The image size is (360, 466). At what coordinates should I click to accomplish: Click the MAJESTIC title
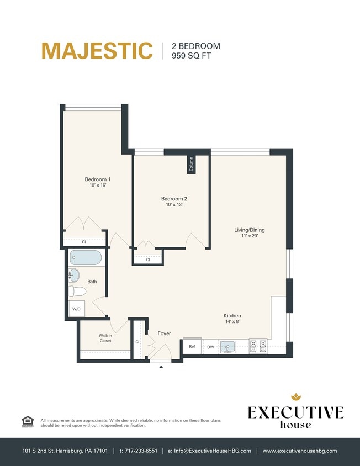pos(97,51)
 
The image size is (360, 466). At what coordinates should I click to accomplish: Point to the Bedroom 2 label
pos(174,202)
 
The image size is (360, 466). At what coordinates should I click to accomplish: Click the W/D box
pos(76,310)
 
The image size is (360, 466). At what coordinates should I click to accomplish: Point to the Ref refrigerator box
pos(192,347)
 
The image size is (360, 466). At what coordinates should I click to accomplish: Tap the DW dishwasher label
pos(210,347)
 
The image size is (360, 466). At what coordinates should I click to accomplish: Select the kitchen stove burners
pos(258,346)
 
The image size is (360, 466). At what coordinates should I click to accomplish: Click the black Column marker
pos(191,165)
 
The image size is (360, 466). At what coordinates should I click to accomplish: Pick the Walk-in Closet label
pos(105,338)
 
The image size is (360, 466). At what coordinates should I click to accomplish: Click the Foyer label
pos(164,333)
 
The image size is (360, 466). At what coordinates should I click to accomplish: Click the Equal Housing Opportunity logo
pos(27,421)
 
